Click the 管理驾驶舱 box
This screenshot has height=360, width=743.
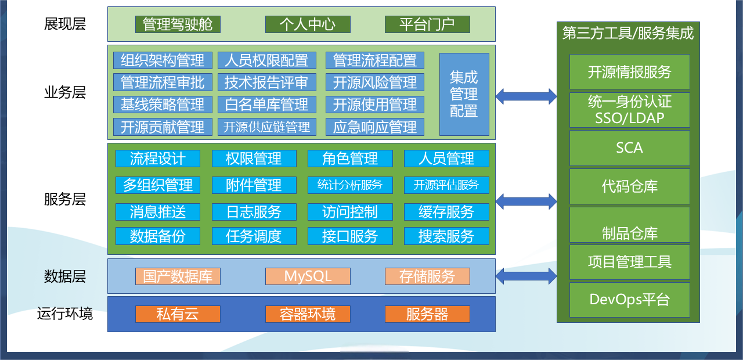click(x=178, y=24)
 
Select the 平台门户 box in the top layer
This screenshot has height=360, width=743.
click(x=427, y=24)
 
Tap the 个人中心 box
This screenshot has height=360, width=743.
click(x=308, y=24)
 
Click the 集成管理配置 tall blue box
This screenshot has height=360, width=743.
click(x=464, y=94)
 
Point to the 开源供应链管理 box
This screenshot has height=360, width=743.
click(x=266, y=127)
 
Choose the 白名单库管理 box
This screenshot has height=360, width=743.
click(x=266, y=105)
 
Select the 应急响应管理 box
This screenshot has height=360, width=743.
click(x=375, y=127)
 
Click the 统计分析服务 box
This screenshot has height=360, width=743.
click(x=350, y=185)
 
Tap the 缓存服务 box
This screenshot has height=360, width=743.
click(x=446, y=212)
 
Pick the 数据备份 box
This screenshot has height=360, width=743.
click(x=158, y=236)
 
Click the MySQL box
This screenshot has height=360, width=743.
click(x=308, y=276)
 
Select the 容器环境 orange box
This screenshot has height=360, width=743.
click(x=308, y=314)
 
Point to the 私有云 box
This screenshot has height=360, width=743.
click(x=178, y=314)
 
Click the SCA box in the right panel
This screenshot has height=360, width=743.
click(x=630, y=148)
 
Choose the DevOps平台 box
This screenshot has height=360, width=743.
click(x=630, y=300)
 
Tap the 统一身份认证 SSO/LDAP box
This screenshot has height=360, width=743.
click(x=630, y=110)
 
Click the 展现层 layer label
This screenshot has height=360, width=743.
click(x=65, y=24)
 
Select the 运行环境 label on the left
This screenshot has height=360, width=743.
click(x=65, y=314)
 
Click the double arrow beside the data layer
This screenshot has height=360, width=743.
click(x=526, y=276)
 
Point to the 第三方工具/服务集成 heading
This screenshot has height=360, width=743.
click(x=628, y=33)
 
